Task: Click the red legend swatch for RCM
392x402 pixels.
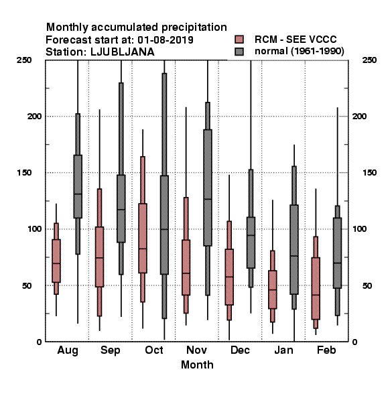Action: [239, 40]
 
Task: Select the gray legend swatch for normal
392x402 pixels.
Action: [239, 52]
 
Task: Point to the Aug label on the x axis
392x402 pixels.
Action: [68, 350]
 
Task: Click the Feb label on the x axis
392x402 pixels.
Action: [326, 350]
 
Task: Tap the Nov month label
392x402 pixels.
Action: [196, 350]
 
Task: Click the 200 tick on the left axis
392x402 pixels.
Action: [34, 116]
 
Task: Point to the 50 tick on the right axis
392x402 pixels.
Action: [367, 285]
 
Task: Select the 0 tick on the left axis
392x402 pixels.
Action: [39, 342]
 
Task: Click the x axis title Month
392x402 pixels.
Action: [197, 364]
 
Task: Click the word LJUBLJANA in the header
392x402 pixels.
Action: [123, 52]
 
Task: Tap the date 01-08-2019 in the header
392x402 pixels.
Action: [166, 40]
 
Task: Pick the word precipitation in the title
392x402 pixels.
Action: [189, 27]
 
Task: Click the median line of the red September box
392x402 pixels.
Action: [99, 258]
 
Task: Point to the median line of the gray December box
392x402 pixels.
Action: [251, 235]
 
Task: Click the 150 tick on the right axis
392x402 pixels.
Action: [369, 173]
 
